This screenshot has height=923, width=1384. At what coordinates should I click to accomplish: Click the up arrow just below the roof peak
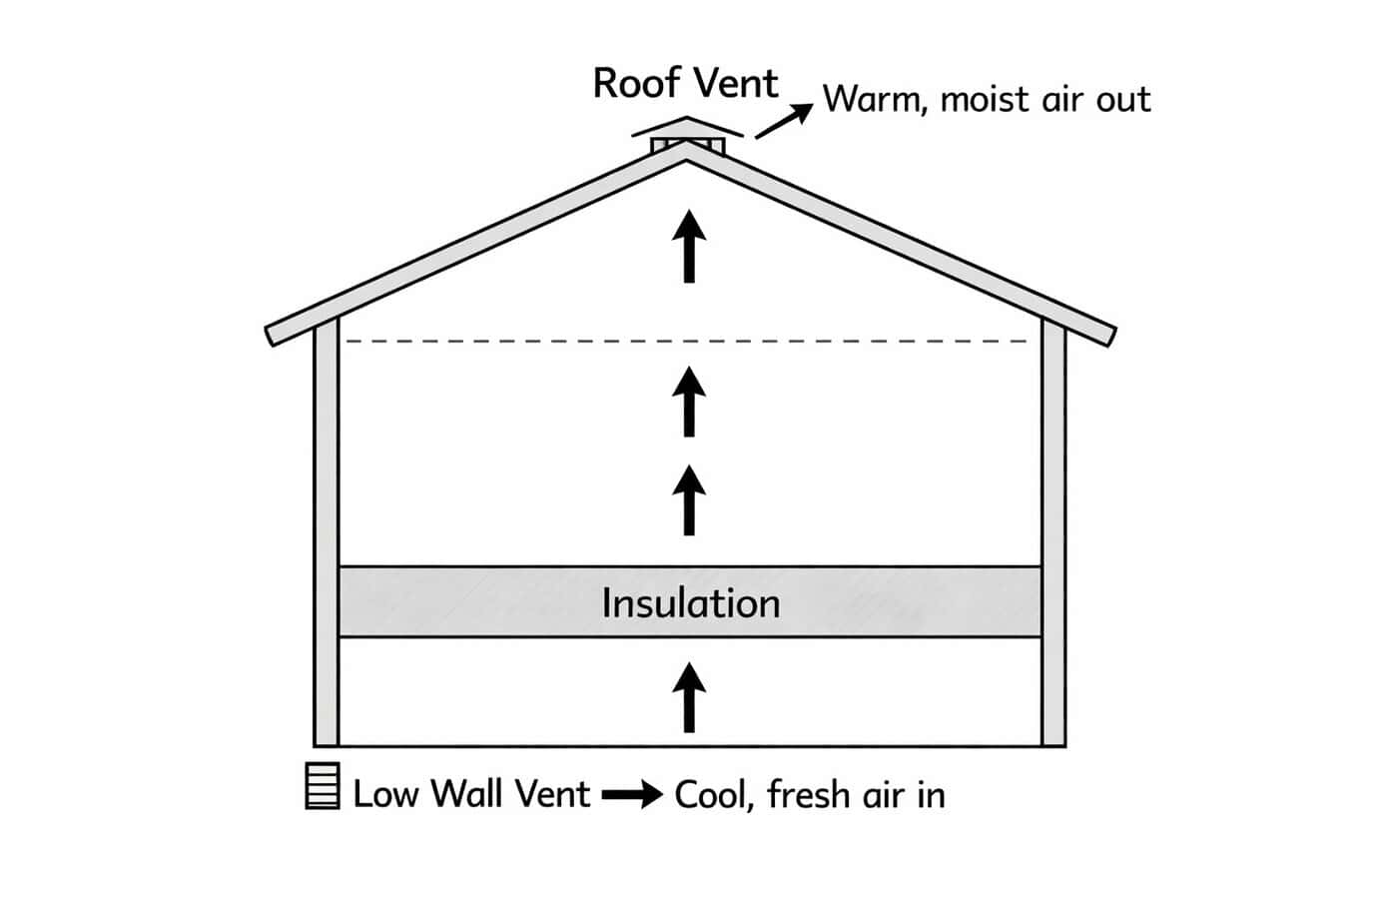(x=688, y=245)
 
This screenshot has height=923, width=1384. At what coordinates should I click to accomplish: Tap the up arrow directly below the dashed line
(x=688, y=401)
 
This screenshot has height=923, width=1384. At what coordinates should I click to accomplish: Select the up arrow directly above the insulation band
(x=688, y=498)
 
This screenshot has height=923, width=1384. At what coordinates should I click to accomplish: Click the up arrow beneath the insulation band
(x=688, y=696)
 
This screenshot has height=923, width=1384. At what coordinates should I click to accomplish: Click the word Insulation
(x=690, y=603)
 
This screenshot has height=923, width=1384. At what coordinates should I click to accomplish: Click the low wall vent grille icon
(x=322, y=786)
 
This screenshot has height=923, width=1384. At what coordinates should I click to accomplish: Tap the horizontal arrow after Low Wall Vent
(x=632, y=795)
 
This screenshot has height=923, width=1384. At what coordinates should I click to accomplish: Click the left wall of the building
(x=327, y=539)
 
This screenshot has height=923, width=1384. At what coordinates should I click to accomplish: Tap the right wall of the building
(x=1053, y=539)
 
